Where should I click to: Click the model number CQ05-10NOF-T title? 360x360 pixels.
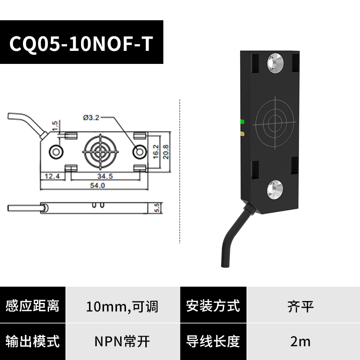(81, 44)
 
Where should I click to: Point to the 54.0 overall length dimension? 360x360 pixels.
(98, 185)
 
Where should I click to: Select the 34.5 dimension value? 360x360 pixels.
(104, 176)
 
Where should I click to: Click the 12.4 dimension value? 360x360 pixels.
(51, 176)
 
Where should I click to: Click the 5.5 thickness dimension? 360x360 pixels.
(157, 208)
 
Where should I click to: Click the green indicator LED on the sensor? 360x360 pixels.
(243, 121)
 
